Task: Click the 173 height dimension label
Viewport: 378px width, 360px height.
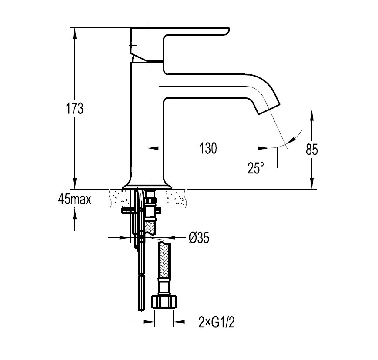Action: click(75, 108)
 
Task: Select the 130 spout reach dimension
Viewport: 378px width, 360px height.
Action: click(208, 148)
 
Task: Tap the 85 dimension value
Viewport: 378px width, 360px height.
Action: click(312, 150)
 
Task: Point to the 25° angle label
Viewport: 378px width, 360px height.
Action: click(256, 168)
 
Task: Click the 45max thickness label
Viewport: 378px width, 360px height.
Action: click(74, 199)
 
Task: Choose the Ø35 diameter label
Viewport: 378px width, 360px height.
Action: click(199, 238)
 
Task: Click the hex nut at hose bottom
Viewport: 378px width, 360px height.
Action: click(164, 301)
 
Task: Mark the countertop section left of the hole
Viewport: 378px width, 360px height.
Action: click(121, 198)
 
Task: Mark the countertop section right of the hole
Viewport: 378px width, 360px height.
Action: click(175, 198)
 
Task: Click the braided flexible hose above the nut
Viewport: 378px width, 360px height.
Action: click(164, 260)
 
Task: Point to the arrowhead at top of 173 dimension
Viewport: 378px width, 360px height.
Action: click(75, 33)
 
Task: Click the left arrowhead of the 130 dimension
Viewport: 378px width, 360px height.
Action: click(153, 148)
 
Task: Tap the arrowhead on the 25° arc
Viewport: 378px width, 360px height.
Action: click(292, 140)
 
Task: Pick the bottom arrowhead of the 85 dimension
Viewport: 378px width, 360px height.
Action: click(312, 183)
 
